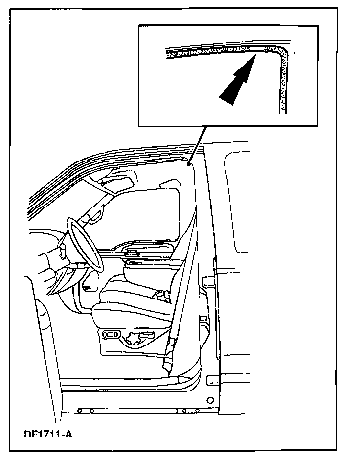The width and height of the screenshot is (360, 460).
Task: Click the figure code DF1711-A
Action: [48, 434]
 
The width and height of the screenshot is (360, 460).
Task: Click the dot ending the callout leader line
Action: [189, 164]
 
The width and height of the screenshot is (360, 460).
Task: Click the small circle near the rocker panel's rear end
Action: [210, 400]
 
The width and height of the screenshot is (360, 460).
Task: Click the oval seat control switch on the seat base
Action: [112, 334]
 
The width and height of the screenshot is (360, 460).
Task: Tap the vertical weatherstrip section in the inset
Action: [283, 85]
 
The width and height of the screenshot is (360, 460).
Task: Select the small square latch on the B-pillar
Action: [202, 318]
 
